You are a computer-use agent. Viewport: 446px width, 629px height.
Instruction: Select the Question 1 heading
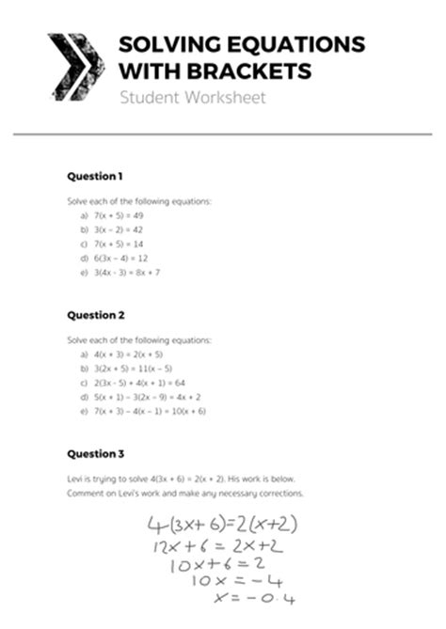pyautogui.click(x=95, y=176)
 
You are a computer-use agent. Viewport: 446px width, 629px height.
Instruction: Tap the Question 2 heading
pyautogui.click(x=95, y=316)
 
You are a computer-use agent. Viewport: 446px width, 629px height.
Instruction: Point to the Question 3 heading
pyautogui.click(x=95, y=454)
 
